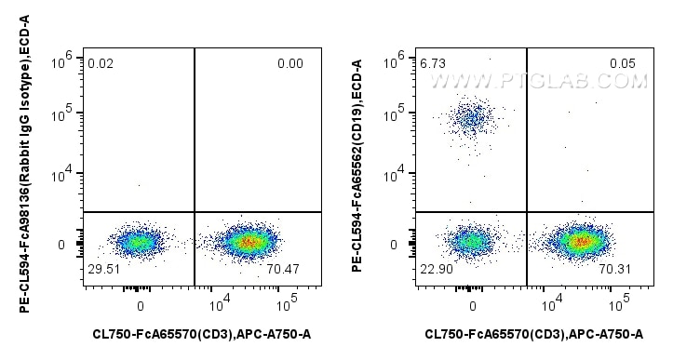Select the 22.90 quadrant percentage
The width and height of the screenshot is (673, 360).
pos(435,269)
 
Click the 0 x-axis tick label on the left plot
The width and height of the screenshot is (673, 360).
pos(141,304)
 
